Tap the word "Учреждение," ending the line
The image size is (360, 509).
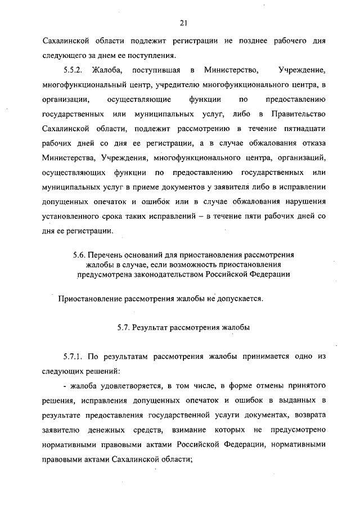[302, 70]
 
